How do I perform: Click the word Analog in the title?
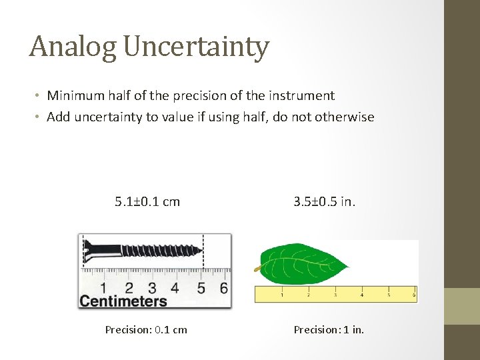pyautogui.click(x=73, y=47)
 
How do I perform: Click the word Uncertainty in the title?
pyautogui.click(x=197, y=47)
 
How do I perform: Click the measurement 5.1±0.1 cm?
pyautogui.click(x=147, y=201)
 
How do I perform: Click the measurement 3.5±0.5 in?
pyautogui.click(x=325, y=201)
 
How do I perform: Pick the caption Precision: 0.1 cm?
pyautogui.click(x=146, y=329)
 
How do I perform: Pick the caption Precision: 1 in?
pyautogui.click(x=329, y=329)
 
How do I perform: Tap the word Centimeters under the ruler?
pyautogui.click(x=123, y=301)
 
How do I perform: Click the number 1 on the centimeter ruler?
pyautogui.click(x=103, y=288)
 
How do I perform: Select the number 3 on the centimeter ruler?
pyautogui.click(x=152, y=288)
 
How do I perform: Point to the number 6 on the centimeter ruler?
pyautogui.click(x=223, y=288)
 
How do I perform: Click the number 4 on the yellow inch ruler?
pyautogui.click(x=362, y=294)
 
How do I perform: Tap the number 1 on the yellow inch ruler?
pyautogui.click(x=281, y=294)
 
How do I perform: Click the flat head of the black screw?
pyautogui.click(x=86, y=251)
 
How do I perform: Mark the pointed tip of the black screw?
pyautogui.click(x=202, y=251)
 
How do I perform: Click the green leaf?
pyautogui.click(x=303, y=263)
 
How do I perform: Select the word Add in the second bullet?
pyautogui.click(x=59, y=117)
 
